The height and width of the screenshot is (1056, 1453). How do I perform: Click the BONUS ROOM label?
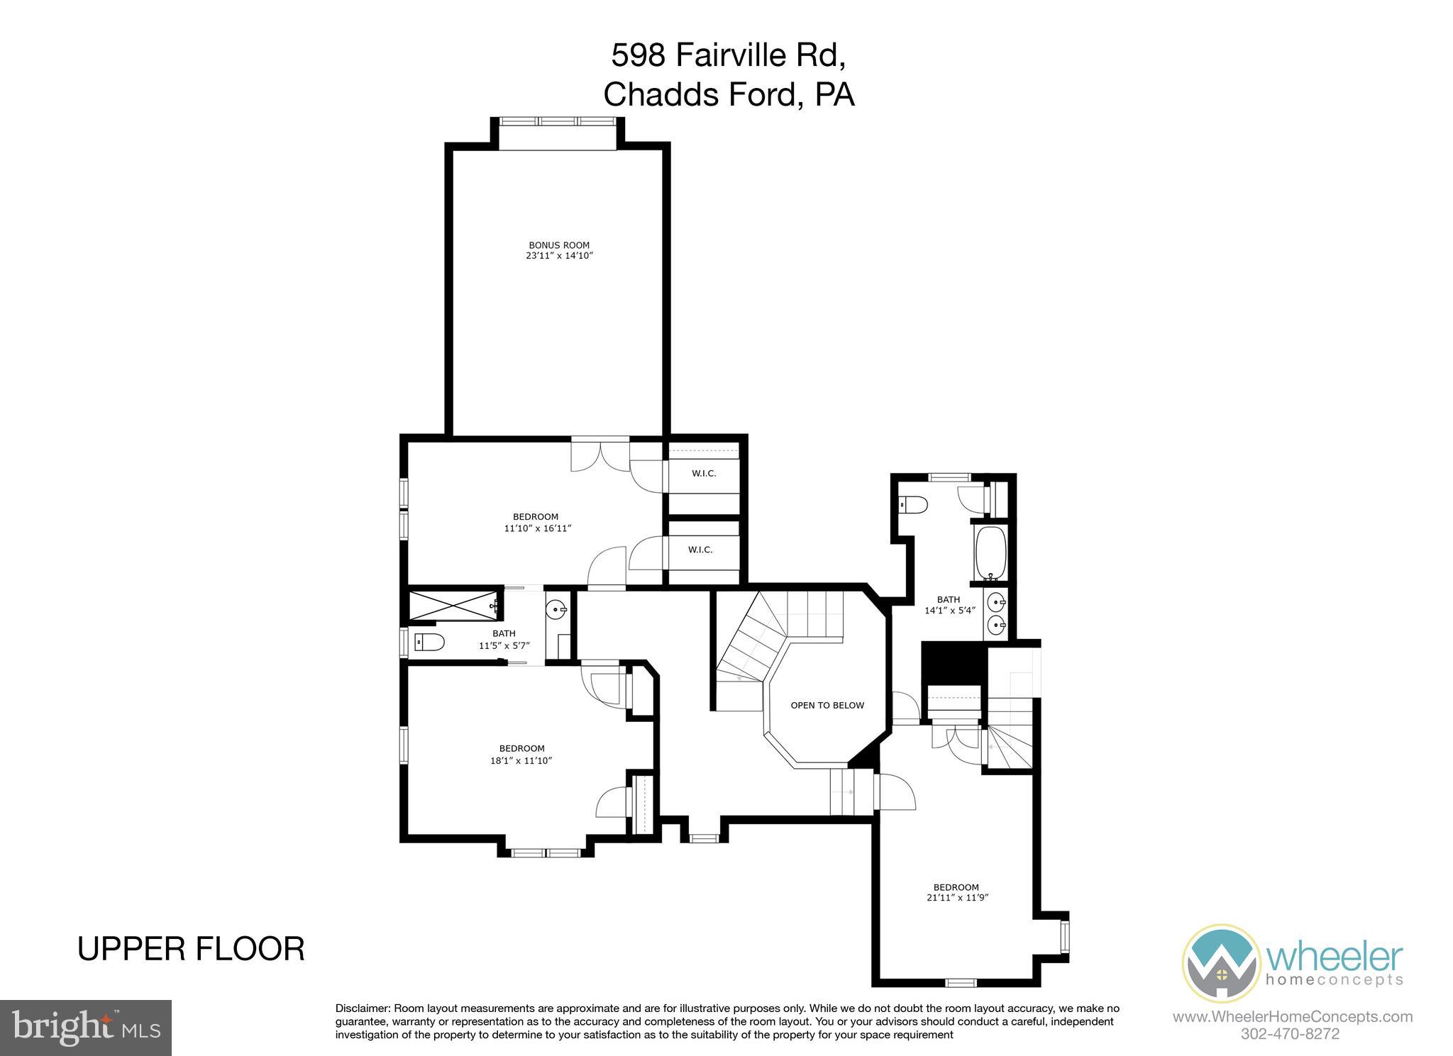(558, 245)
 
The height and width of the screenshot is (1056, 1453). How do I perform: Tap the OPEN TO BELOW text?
(827, 705)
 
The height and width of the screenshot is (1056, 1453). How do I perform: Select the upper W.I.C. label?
(704, 473)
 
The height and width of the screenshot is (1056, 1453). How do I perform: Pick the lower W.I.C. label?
(700, 550)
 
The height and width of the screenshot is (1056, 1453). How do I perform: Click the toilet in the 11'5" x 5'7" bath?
(429, 643)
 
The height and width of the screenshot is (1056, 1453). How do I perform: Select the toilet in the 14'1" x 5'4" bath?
(913, 505)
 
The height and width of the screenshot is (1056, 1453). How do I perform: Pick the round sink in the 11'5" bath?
(558, 608)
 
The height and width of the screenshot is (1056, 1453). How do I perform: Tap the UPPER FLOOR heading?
(191, 949)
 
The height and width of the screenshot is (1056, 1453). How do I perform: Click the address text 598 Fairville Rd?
(728, 55)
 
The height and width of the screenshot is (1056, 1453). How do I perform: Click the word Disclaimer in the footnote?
(362, 1008)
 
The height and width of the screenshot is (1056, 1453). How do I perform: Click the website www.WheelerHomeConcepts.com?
(1292, 1016)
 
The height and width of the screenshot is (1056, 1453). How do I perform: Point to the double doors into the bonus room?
(600, 455)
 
